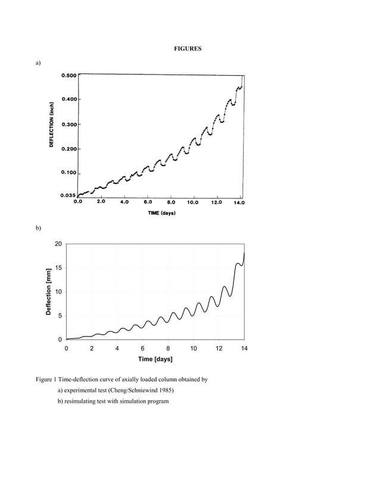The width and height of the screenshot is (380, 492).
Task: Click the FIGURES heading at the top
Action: [188, 48]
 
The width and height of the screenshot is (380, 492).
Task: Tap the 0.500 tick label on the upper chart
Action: [68, 76]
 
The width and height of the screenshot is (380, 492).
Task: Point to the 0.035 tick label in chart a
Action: [68, 195]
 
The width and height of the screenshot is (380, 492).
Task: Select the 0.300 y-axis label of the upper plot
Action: [68, 124]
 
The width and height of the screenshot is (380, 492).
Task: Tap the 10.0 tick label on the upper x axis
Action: [194, 202]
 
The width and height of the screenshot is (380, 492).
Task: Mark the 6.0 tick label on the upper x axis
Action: [147, 202]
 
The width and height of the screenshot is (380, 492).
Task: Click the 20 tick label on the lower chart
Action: [58, 244]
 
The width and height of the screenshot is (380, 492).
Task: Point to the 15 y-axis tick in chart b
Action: [58, 268]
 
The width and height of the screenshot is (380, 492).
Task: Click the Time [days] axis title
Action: [155, 359]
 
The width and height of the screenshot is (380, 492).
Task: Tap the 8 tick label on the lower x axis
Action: [168, 348]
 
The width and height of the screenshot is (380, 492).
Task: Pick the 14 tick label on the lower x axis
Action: [244, 348]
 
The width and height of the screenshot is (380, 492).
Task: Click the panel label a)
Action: [38, 62]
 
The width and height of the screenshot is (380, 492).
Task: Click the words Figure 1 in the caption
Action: [46, 379]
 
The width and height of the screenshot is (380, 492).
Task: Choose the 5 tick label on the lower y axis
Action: [60, 316]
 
